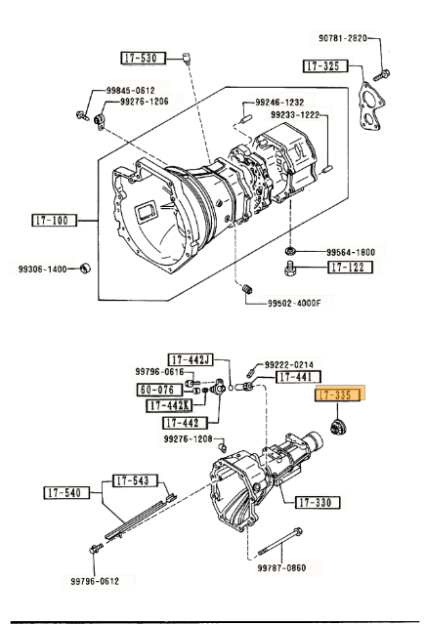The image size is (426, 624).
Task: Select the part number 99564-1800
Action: pos(351,251)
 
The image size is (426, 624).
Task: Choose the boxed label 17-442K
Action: pos(170,404)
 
